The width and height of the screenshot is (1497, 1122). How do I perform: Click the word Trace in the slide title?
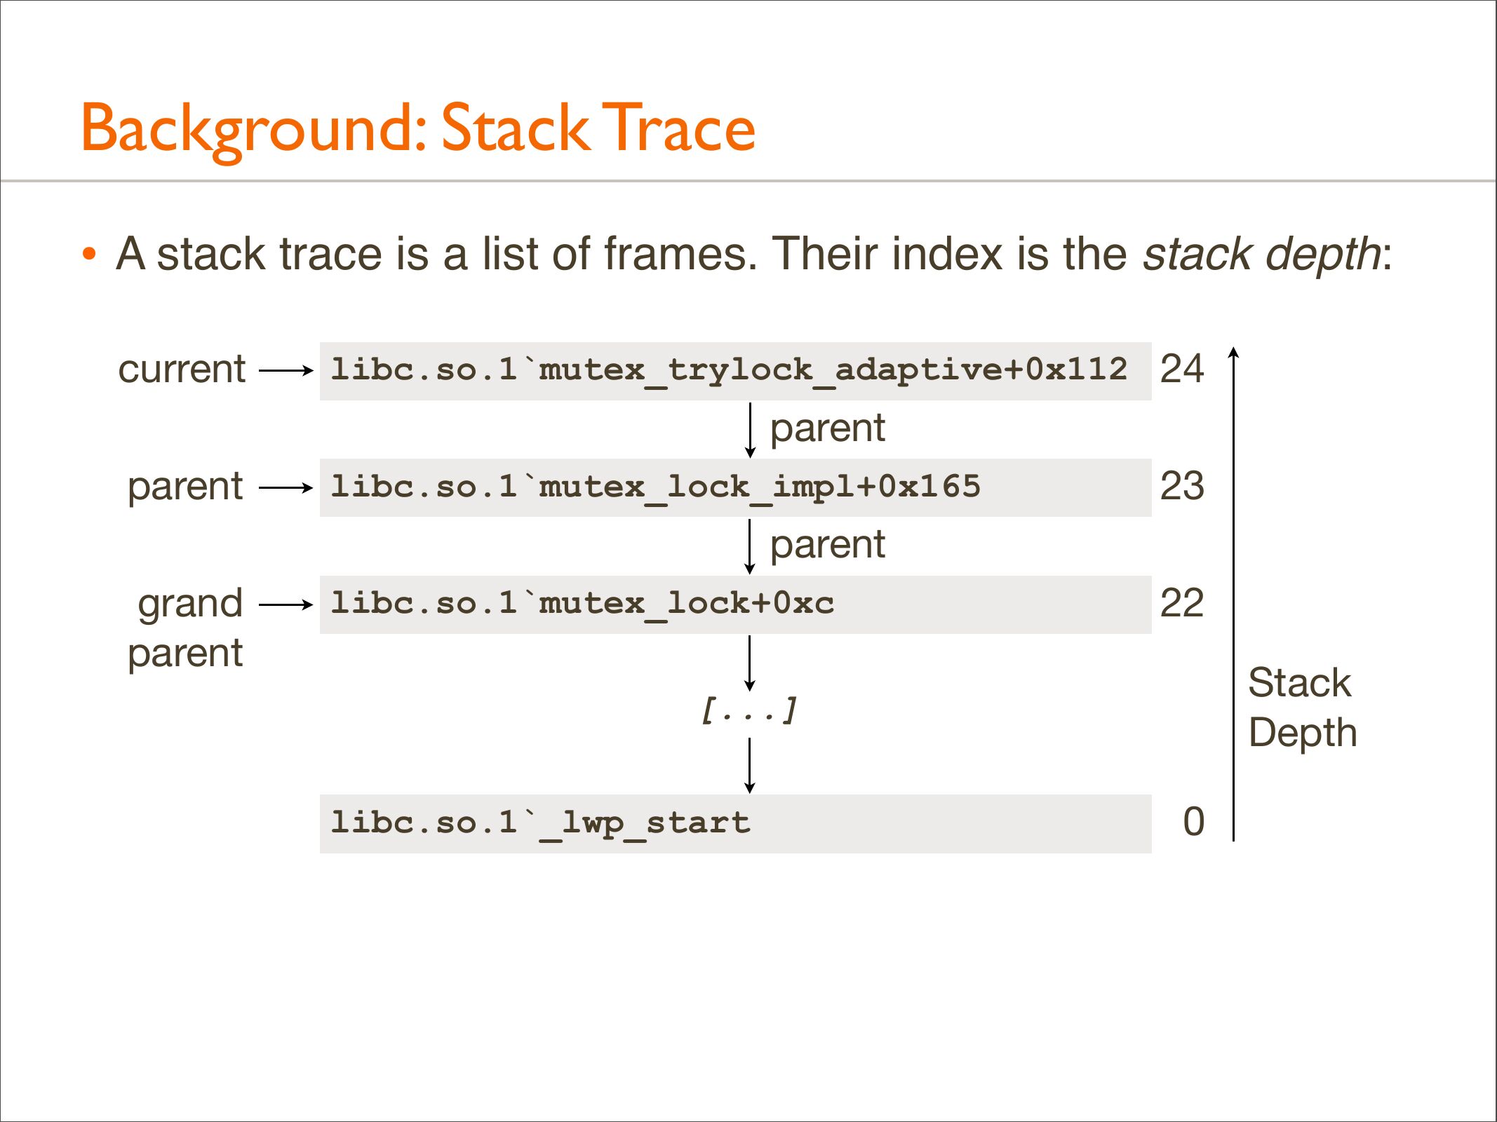(x=678, y=128)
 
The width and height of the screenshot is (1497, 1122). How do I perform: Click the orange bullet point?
(x=88, y=253)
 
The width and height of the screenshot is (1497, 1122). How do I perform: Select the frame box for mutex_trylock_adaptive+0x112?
(x=735, y=371)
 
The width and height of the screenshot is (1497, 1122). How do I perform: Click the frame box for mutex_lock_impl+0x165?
(x=735, y=488)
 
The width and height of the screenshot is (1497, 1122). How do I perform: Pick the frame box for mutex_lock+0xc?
(x=735, y=604)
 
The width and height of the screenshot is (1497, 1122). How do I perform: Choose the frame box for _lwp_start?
(x=735, y=824)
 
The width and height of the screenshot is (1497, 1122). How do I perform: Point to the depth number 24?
(x=1182, y=369)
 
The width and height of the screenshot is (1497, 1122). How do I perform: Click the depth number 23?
(x=1182, y=486)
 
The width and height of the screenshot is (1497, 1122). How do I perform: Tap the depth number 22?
(x=1182, y=603)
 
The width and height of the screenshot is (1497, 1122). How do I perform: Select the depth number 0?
(x=1194, y=822)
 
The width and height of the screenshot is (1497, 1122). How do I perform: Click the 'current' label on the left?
(x=182, y=369)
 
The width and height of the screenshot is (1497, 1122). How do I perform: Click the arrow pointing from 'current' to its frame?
(x=286, y=370)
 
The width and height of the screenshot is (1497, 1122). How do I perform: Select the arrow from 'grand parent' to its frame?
(x=286, y=604)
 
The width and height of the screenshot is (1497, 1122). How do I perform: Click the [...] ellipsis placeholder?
(x=749, y=710)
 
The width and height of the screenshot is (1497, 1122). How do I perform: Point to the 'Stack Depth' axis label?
(x=1303, y=708)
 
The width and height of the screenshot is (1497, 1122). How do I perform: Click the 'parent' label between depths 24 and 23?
(x=828, y=428)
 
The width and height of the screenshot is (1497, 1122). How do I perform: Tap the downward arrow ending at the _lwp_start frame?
(x=750, y=766)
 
